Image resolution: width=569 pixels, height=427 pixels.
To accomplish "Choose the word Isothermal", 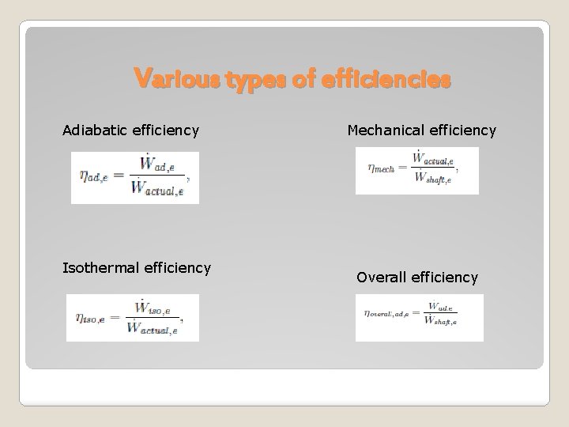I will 103,268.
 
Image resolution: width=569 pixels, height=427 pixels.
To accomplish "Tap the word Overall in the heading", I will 383,278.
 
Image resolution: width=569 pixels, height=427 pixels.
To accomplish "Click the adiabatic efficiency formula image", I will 135,178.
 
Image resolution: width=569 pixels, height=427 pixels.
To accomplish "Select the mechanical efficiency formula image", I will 416,170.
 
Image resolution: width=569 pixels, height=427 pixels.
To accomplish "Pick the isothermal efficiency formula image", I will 133,317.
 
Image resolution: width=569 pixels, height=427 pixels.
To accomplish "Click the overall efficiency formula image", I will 419,317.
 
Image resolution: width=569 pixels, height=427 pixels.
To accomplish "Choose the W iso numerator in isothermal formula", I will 153,306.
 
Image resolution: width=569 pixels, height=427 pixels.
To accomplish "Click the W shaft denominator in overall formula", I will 440,320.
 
